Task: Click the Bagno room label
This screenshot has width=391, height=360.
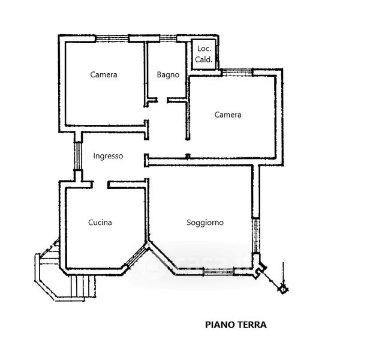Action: [168, 74]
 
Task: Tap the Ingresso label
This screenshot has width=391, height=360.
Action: [108, 156]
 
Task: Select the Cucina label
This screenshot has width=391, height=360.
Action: [100, 222]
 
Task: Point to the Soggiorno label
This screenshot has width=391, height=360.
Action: [205, 223]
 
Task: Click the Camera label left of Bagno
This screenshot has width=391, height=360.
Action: [104, 74]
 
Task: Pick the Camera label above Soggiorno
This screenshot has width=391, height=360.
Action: [228, 115]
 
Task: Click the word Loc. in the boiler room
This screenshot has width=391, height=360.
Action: [204, 49]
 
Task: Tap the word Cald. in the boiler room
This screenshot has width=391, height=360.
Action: [204, 59]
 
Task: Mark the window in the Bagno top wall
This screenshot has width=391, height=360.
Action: [168, 38]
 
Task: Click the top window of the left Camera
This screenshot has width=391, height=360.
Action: [112, 38]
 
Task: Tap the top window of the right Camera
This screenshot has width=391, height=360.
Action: [237, 73]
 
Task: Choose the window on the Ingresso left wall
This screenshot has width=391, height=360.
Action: [78, 156]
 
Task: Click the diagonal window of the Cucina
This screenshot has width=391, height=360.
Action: [136, 256]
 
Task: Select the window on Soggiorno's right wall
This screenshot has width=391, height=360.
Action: [256, 236]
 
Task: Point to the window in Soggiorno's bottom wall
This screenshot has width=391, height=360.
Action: [219, 271]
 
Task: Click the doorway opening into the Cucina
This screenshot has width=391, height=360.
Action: [100, 185]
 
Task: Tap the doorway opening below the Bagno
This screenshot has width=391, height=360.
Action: [162, 100]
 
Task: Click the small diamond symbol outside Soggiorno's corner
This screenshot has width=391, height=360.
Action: [282, 289]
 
